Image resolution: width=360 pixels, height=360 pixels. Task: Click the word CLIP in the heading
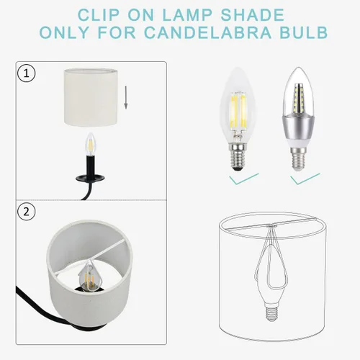pos(99,15)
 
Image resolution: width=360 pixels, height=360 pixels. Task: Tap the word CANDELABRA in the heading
pos(208,32)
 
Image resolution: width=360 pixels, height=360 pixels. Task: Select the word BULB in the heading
pos(304,32)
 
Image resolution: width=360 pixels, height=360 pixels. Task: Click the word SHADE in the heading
pos(253,15)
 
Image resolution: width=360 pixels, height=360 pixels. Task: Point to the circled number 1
pos(27,73)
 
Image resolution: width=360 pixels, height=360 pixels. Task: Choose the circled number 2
pos(27,212)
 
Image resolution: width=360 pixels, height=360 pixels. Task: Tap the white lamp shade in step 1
pos(91,97)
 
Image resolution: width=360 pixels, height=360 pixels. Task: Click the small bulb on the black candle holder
pos(91,144)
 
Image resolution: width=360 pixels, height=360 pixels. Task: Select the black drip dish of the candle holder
pos(90,179)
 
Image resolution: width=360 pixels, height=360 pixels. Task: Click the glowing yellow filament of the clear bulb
pos(238,110)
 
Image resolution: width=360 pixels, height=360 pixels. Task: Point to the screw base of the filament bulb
pos(238,156)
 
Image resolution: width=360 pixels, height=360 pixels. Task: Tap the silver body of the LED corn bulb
pos(297,128)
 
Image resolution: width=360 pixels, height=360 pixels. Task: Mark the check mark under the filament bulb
pos(243,179)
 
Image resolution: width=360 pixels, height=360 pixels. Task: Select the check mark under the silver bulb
pos(305,179)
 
